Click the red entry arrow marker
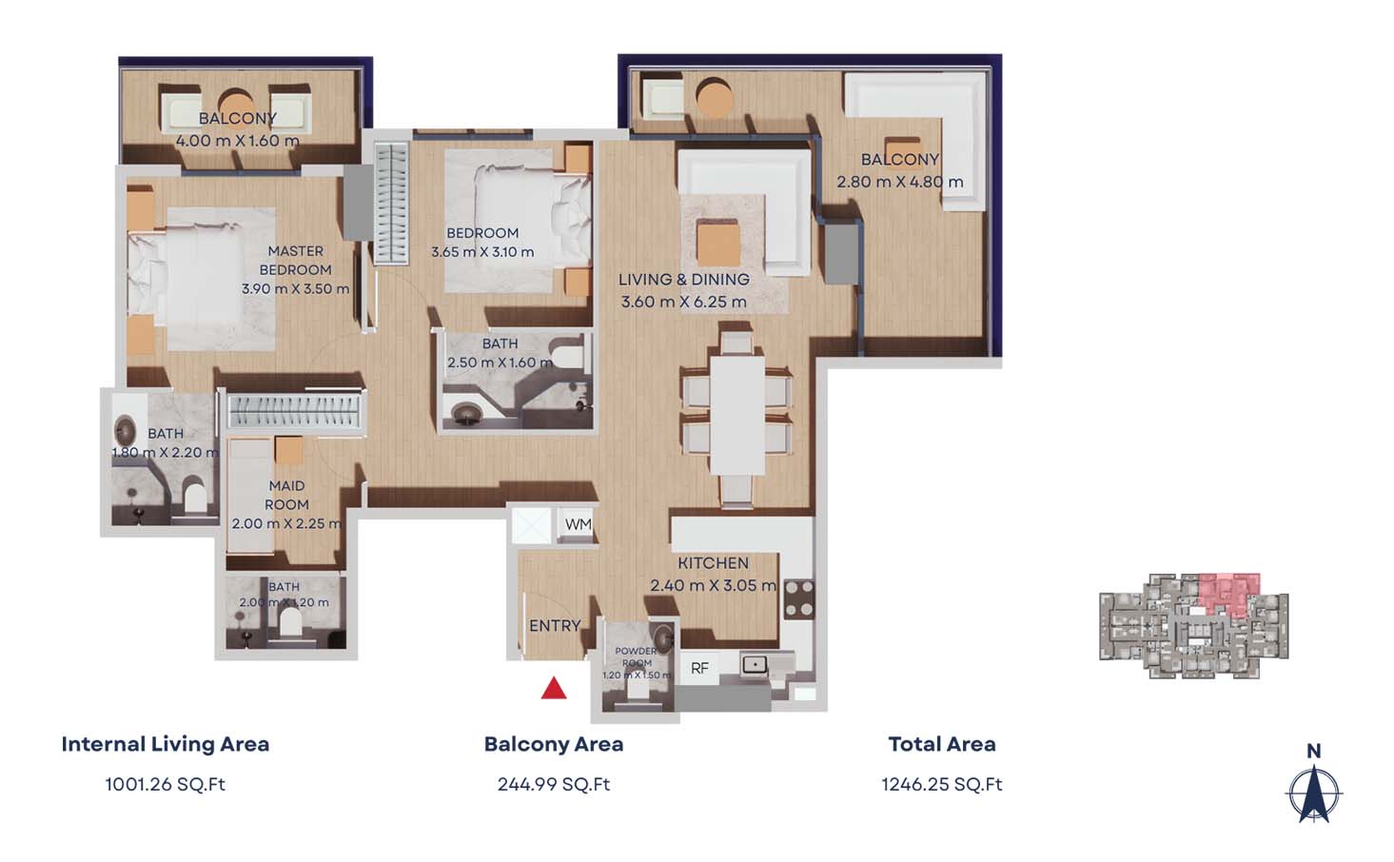coord(554,688)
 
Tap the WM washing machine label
coord(578,524)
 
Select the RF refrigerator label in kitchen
coord(699,668)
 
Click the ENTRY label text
coord(555,625)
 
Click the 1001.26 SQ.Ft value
coord(165,784)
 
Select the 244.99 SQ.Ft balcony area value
coord(554,784)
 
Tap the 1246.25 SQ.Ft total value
coord(941,784)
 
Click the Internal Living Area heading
coord(165,744)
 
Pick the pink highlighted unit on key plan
coord(1228,592)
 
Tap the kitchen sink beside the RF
coord(755,664)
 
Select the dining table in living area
coord(737,414)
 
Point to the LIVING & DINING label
coord(683,280)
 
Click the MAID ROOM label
coord(286,495)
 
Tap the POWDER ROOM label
coord(636,657)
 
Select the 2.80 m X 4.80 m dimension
coord(899,182)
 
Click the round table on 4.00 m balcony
coord(237,102)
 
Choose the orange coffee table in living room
coord(718,242)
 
